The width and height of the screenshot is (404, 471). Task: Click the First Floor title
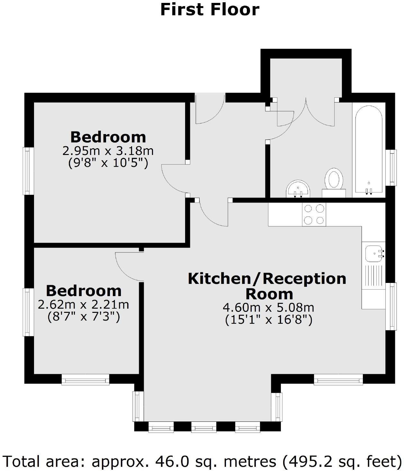click(x=210, y=9)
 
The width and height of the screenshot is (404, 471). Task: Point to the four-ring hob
click(x=314, y=214)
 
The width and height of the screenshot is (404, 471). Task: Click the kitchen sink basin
click(x=373, y=254)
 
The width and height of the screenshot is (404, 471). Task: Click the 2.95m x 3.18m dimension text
click(x=108, y=151)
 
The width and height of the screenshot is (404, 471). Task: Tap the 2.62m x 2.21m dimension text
click(x=84, y=304)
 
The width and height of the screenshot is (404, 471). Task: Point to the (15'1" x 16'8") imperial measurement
click(x=268, y=320)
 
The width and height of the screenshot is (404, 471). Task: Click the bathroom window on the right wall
click(x=392, y=168)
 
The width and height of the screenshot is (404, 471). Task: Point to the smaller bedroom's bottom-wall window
click(x=85, y=380)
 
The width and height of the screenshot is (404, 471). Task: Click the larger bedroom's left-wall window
click(x=28, y=171)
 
